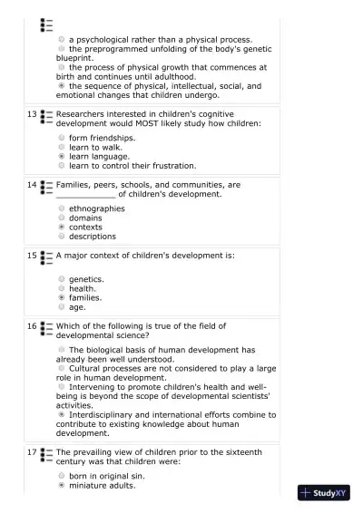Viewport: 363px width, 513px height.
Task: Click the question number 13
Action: [x=32, y=114]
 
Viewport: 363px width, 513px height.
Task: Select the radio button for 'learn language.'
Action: [x=62, y=156]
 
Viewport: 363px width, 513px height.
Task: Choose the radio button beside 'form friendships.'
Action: [x=62, y=138]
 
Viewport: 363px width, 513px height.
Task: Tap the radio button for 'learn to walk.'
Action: [x=62, y=147]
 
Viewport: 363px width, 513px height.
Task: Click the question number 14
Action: [x=32, y=185]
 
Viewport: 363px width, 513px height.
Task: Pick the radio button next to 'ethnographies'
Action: [x=62, y=208]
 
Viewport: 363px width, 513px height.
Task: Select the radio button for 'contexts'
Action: [x=62, y=227]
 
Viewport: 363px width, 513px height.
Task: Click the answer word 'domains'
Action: [x=86, y=218]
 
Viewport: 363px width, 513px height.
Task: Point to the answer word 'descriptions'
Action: [x=93, y=237]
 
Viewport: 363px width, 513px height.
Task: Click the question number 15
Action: [x=32, y=256]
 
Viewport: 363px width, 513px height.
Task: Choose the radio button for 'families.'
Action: [x=62, y=297]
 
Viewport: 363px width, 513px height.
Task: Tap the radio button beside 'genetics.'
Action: [x=62, y=279]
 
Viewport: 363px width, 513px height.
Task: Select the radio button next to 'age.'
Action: [x=62, y=307]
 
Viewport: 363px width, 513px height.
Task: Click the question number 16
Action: [x=32, y=325]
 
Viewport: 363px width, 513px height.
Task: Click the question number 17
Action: [x=32, y=451]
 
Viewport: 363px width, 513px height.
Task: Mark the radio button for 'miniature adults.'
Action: [x=62, y=485]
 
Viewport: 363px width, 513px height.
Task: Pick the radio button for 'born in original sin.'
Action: [x=62, y=475]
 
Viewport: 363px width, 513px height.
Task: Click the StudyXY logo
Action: [x=324, y=494]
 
